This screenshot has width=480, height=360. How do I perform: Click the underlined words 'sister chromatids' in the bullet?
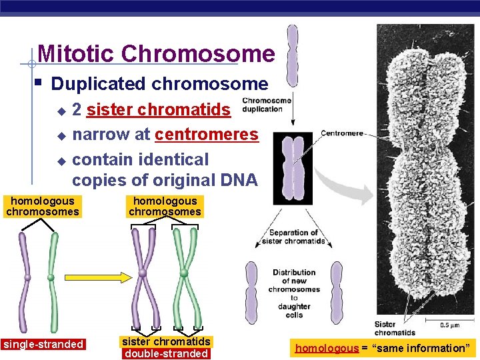click(159, 109)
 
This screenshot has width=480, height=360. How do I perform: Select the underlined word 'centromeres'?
click(206, 135)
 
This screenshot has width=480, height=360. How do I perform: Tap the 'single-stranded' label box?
click(43, 345)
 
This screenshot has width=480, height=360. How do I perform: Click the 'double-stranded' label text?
click(167, 353)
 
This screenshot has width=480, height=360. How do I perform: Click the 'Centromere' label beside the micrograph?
click(342, 133)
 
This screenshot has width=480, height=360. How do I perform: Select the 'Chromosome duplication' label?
click(267, 105)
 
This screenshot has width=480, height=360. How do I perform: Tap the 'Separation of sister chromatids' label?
click(297, 237)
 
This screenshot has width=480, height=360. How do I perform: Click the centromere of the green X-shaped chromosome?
click(183, 273)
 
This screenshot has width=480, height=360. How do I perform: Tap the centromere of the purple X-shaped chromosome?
click(143, 273)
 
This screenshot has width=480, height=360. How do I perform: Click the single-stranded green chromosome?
click(52, 277)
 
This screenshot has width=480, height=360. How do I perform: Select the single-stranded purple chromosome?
click(27, 277)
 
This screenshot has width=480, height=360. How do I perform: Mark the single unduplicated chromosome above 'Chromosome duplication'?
click(292, 57)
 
